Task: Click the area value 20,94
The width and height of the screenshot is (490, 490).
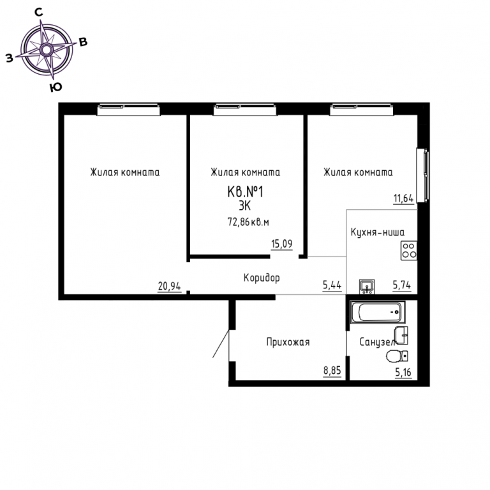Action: click(169, 286)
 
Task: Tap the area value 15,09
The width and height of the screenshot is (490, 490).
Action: click(282, 244)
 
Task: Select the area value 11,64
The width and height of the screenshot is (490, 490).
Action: click(403, 198)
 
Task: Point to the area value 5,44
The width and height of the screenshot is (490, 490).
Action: click(332, 285)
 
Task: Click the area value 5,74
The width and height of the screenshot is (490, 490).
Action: click(402, 285)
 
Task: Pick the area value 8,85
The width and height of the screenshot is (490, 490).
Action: click(332, 371)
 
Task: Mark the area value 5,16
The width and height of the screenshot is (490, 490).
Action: click(403, 373)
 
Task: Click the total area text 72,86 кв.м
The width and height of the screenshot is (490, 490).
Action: click(248, 222)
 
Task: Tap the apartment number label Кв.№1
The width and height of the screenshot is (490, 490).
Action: click(245, 192)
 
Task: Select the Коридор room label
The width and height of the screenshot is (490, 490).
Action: click(262, 278)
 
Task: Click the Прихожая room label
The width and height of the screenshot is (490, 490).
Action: click(288, 342)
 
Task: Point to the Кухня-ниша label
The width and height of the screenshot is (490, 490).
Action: click(378, 232)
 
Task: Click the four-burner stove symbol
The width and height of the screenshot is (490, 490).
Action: click(409, 250)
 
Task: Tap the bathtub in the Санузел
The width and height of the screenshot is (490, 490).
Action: click(378, 312)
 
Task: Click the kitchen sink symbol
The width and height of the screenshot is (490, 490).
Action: click(367, 286)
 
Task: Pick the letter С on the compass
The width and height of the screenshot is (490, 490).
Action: click(38, 12)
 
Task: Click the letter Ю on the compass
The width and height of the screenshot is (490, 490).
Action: click(56, 88)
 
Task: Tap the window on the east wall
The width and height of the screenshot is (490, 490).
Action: click(423, 175)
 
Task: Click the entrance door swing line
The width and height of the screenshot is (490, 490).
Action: click(221, 343)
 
